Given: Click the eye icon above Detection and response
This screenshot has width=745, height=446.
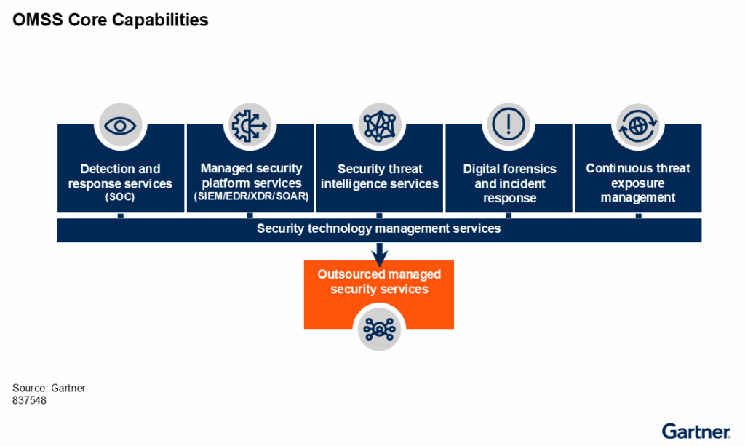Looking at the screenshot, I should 120,124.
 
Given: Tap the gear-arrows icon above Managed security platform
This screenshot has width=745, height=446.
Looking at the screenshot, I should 250,124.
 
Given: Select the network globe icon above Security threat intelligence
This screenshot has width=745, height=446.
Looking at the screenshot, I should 379,124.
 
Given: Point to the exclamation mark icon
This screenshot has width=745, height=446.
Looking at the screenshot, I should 509,124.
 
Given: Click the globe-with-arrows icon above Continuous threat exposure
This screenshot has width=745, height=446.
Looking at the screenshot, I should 638,124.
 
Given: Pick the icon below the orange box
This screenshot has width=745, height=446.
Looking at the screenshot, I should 378,329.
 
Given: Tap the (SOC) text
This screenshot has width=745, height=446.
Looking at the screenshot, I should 120,196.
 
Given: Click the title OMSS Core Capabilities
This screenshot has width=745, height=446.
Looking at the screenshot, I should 111,20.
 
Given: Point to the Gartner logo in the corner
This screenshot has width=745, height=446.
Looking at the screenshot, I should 696,430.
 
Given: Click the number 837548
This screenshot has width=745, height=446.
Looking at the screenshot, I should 30,400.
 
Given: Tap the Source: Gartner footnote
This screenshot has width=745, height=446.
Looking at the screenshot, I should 49,388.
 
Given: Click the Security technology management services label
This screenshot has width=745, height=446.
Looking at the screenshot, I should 378,228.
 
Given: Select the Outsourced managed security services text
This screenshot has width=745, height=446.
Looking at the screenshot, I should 379,282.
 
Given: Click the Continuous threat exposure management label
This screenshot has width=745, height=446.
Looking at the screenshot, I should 638,183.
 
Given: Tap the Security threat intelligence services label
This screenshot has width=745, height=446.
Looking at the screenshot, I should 379,176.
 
